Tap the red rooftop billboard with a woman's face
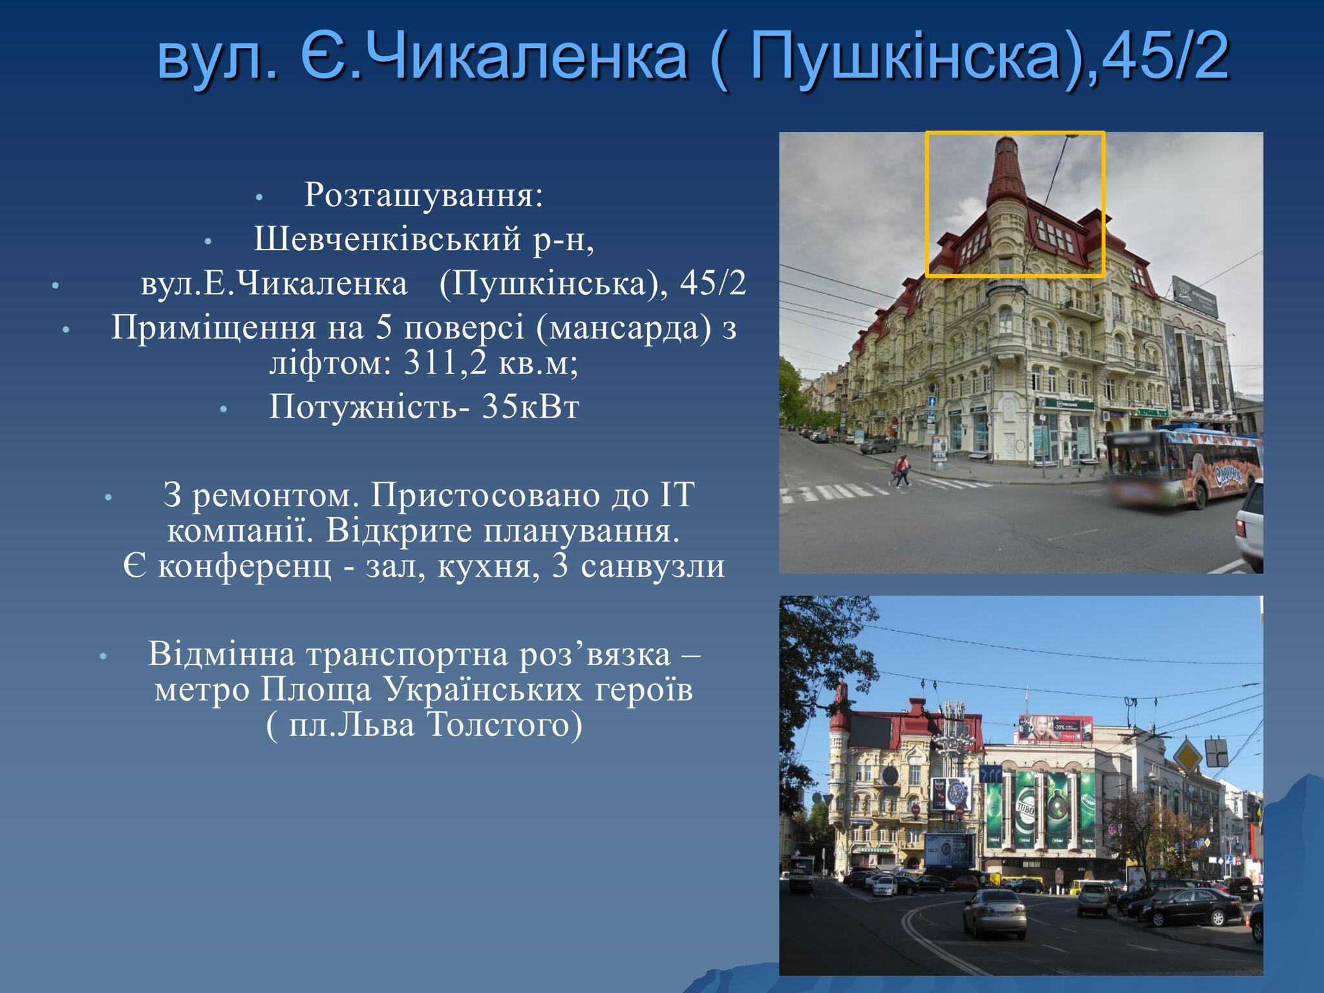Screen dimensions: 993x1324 [1056, 728]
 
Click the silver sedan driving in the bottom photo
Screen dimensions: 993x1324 [994, 913]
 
